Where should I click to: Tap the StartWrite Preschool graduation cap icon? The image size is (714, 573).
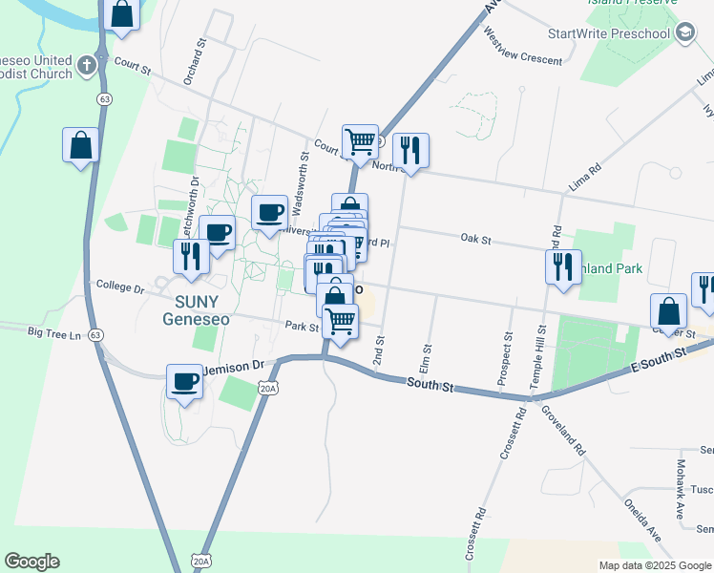click(x=685, y=34)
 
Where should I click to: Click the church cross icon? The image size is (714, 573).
click(x=87, y=66)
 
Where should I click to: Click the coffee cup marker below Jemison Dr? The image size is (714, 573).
click(x=185, y=381)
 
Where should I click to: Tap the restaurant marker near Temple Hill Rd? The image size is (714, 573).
click(x=563, y=265)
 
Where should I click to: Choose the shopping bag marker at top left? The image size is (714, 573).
click(x=121, y=14)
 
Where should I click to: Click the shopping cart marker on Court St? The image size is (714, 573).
click(x=360, y=141)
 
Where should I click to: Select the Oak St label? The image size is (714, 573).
click(x=474, y=239)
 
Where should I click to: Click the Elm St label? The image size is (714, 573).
click(x=425, y=360)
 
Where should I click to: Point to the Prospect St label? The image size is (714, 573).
click(x=505, y=359)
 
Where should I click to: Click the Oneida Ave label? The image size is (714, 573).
click(x=641, y=520)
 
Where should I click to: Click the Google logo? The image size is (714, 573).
click(x=31, y=562)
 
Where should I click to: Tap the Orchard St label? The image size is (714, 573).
click(x=196, y=61)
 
